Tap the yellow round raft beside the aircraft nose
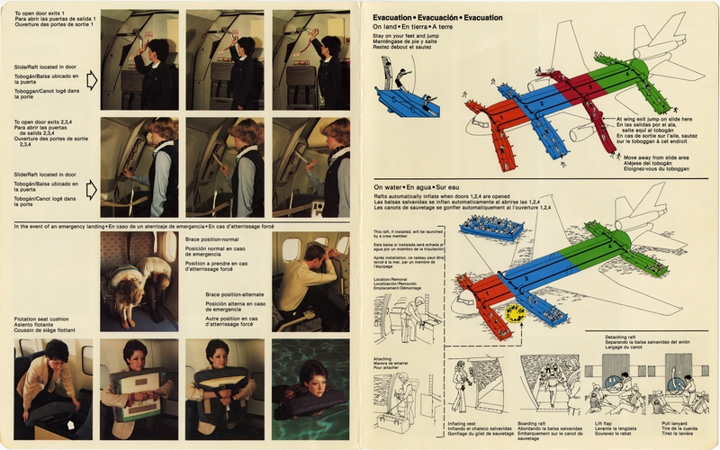(x=517, y=311)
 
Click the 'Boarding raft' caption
(x=534, y=420)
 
